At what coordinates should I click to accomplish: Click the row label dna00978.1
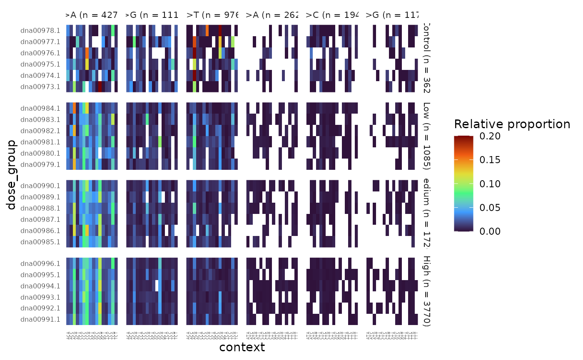(x=40, y=30)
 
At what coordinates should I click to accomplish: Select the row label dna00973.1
(x=40, y=87)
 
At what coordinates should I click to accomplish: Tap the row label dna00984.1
(x=40, y=108)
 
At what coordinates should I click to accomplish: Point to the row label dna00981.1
(x=40, y=142)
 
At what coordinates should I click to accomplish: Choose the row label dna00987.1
(x=40, y=219)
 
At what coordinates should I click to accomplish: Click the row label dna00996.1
(x=40, y=263)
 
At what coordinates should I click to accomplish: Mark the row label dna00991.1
(x=40, y=320)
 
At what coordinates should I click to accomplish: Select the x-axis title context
(x=242, y=347)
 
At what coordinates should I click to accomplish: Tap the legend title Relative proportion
(x=512, y=124)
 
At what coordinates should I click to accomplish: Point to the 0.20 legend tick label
(x=490, y=136)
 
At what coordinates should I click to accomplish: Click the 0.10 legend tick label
(x=490, y=184)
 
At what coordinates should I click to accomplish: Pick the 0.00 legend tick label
(x=490, y=231)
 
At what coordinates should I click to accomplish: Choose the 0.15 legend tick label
(x=490, y=160)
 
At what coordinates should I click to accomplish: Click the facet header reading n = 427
(x=92, y=15)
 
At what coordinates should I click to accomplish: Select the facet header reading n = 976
(x=212, y=15)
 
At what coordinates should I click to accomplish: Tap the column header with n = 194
(x=332, y=15)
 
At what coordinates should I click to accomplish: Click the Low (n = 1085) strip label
(x=426, y=136)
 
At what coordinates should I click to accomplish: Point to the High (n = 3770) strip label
(x=426, y=291)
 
